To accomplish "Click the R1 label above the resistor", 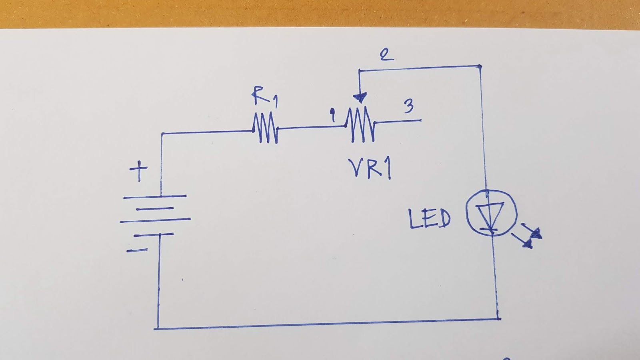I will (264, 97).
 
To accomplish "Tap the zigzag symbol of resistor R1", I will (265, 128).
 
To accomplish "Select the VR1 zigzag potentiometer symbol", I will (360, 125).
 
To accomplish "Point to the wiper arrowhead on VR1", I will (360, 98).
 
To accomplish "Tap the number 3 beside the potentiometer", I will (408, 106).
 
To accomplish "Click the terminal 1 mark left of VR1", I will (332, 115).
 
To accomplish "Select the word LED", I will (429, 219).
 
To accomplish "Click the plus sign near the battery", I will (138, 171).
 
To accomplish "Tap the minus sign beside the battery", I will (137, 250).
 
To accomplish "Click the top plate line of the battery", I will (155, 196).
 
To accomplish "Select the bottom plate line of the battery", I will (154, 234).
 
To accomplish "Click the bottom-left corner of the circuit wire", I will (156, 328).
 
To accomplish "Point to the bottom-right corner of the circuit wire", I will (498, 319).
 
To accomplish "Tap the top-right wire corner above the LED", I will (480, 66).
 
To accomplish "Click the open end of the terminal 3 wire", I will (420, 120).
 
